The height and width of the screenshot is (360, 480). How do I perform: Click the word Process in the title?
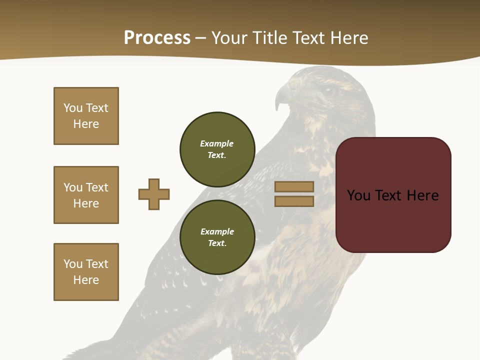coord(157,38)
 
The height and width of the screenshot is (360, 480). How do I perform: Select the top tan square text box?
coord(86,116)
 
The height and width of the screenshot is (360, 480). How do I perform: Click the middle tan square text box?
coord(86,195)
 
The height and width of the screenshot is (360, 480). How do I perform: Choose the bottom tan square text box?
coord(86,272)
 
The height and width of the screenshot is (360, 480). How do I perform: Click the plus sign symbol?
coord(154,194)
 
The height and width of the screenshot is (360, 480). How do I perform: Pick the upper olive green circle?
coord(217,149)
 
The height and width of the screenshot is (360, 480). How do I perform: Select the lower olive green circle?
coord(217,237)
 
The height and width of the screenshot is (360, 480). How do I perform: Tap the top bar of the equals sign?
coord(294,186)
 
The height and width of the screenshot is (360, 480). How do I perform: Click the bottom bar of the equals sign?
coord(294,201)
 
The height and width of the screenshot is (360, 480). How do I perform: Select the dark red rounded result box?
coord(393,195)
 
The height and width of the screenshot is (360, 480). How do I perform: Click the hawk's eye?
coord(329,91)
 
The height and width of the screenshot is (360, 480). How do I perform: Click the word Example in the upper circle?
coord(217,143)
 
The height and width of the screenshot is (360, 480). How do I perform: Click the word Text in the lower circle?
coord(216,243)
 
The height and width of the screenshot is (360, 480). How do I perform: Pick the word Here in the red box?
coord(423,195)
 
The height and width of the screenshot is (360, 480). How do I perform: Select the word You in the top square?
coord(73,108)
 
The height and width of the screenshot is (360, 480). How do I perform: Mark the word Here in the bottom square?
coord(86,280)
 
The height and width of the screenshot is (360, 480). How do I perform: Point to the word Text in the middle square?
coord(97,187)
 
